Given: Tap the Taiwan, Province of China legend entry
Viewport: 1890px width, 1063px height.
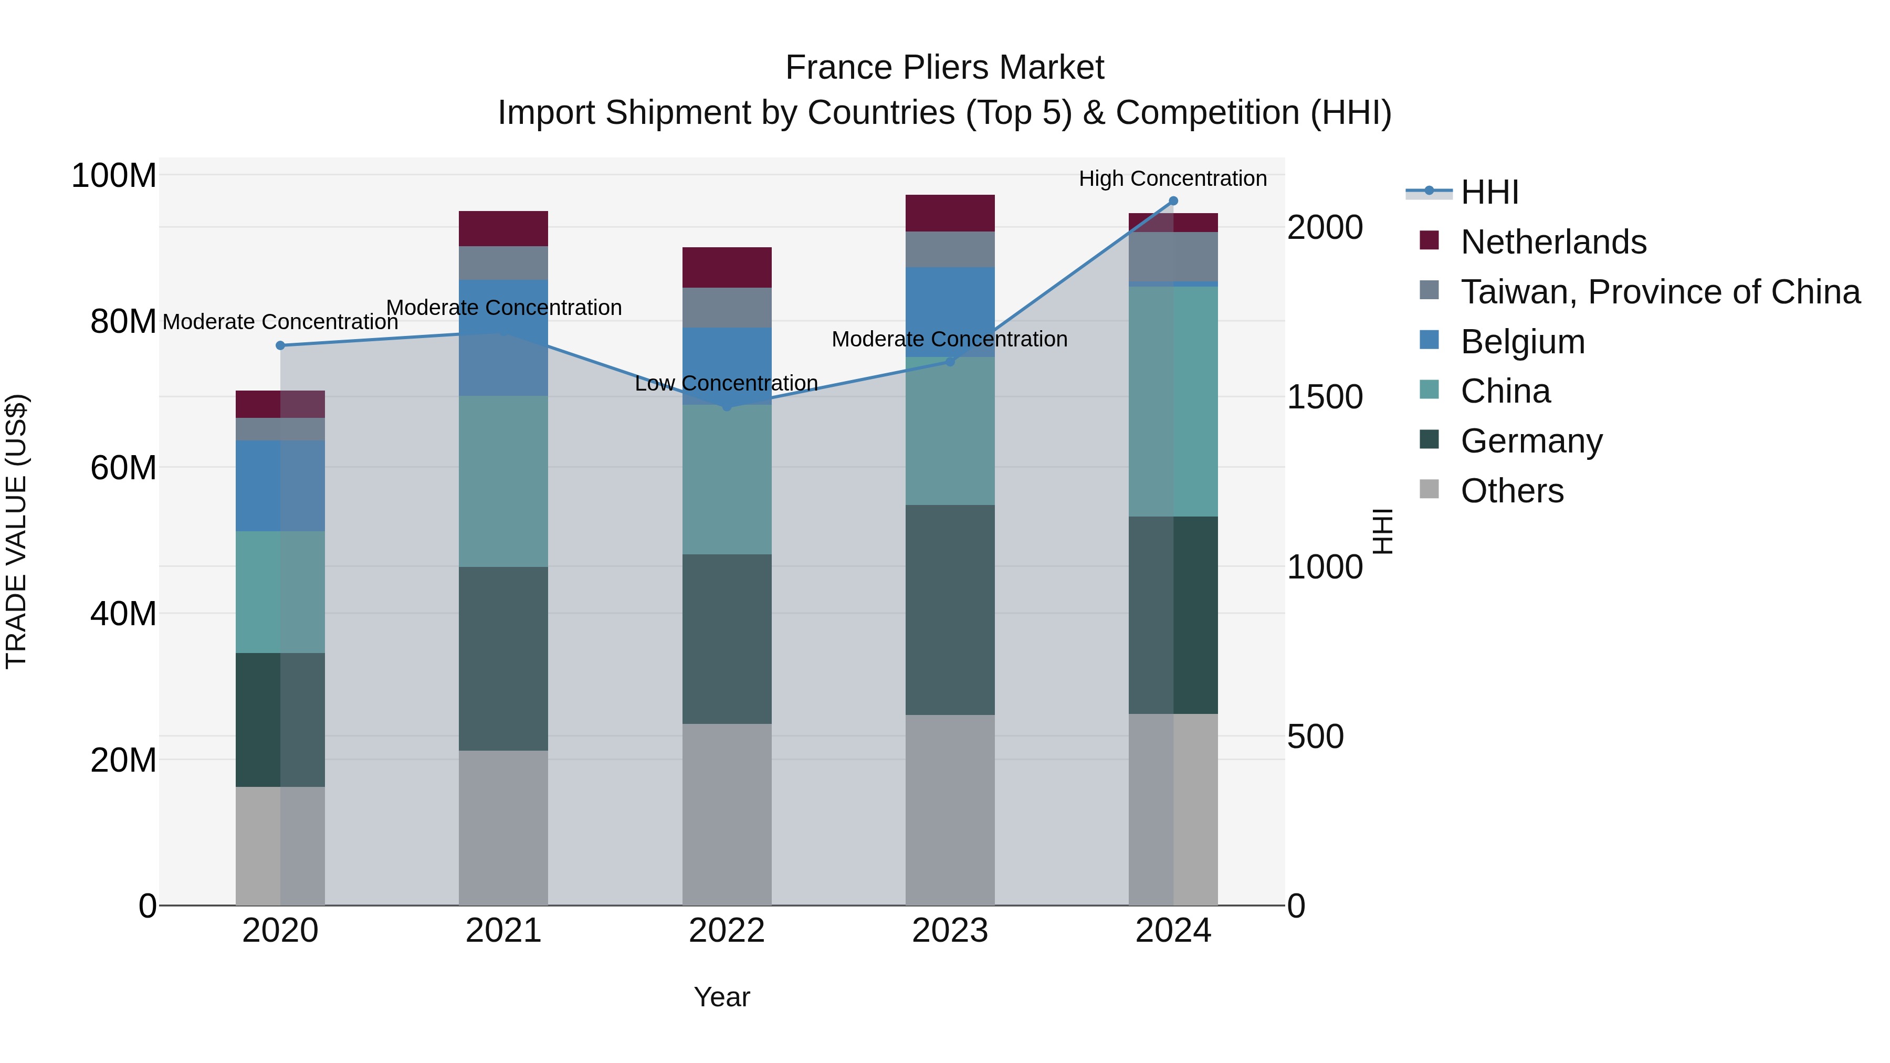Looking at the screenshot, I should click(x=1660, y=292).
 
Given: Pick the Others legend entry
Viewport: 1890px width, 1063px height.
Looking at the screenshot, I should click(x=1511, y=491).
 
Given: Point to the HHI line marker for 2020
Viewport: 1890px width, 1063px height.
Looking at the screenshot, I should click(x=280, y=345).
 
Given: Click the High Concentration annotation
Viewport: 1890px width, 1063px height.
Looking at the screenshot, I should click(x=1172, y=179).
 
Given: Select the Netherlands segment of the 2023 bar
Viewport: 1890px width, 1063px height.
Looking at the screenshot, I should click(x=949, y=214).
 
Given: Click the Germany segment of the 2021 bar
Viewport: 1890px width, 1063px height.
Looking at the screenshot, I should click(x=503, y=658).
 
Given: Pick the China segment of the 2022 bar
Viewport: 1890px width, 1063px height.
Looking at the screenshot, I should click(x=727, y=479).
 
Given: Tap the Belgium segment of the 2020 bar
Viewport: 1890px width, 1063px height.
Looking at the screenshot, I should click(x=280, y=486).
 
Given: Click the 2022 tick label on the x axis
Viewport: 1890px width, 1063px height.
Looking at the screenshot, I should click(x=727, y=931).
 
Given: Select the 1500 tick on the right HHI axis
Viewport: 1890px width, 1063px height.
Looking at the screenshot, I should click(x=1325, y=397).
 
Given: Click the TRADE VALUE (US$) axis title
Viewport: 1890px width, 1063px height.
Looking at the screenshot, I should click(x=17, y=531).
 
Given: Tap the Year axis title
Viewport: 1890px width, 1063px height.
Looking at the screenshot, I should click(x=722, y=997).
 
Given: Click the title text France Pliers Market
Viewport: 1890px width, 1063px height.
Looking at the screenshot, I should click(x=944, y=68).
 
